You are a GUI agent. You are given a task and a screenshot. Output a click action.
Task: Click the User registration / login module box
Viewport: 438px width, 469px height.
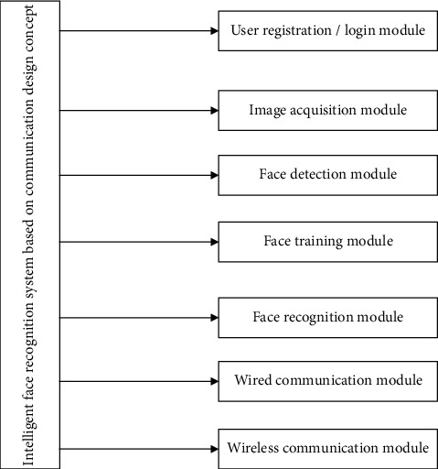(326, 31)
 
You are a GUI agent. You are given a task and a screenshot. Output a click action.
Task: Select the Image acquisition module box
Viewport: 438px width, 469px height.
(326, 110)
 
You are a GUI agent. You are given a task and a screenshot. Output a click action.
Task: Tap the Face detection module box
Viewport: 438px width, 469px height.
(326, 174)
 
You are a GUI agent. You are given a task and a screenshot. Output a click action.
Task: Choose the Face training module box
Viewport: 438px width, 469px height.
(326, 242)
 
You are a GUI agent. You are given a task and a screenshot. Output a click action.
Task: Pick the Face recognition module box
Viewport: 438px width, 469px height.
(326, 318)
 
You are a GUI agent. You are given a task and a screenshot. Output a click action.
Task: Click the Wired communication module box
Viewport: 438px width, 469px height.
(326, 379)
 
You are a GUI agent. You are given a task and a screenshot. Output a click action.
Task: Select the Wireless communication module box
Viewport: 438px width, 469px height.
(326, 448)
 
